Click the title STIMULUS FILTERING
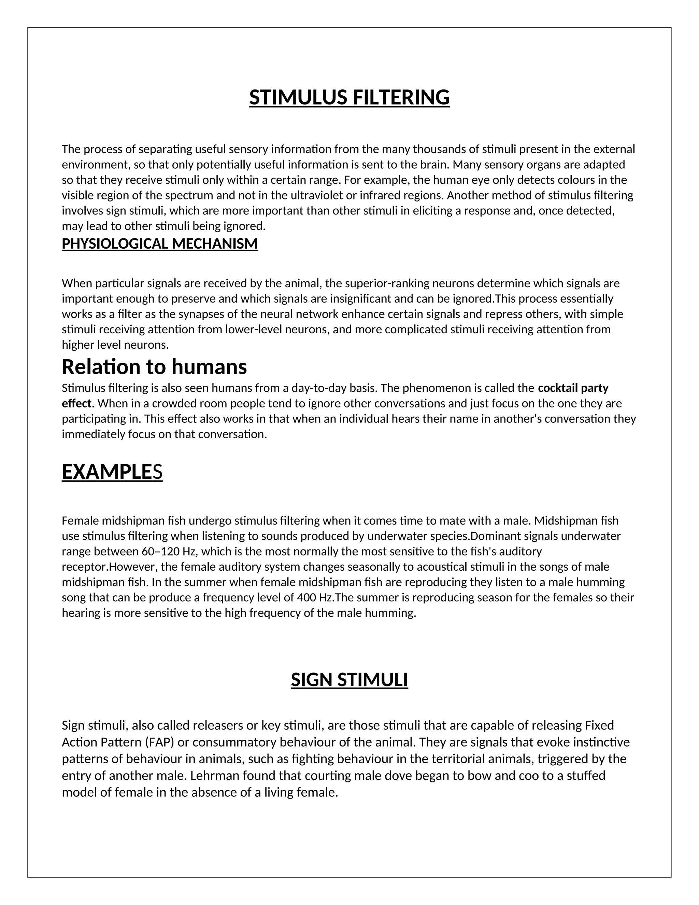[x=349, y=97]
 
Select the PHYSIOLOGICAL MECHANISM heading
[x=159, y=243]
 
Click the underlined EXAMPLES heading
[x=112, y=472]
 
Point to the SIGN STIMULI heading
[x=349, y=680]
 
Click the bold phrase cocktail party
[x=573, y=388]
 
